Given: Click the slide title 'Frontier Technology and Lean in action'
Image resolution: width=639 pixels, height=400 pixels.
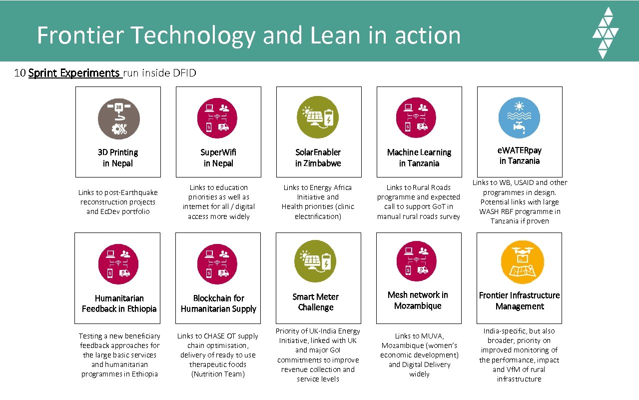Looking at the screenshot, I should (248, 35).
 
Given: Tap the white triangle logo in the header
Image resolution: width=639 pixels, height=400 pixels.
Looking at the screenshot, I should (605, 33).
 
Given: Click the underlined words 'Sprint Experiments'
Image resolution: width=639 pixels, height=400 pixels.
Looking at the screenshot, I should (74, 73).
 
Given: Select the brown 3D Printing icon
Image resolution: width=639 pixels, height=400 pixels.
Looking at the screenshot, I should (118, 118).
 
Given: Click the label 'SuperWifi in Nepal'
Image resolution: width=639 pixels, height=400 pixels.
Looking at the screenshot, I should (218, 158).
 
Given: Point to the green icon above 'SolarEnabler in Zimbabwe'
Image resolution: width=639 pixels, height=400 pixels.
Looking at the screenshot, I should (318, 117).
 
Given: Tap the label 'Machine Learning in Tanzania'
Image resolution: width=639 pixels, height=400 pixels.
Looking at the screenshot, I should (419, 158).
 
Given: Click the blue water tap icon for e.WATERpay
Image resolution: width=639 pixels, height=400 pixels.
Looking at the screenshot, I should (519, 117).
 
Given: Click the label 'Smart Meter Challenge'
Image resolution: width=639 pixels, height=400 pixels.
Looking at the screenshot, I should (316, 302).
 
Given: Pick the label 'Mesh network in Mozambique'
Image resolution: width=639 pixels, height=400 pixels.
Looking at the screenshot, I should (418, 300).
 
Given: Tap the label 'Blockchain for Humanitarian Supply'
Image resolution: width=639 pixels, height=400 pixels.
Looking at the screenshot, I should (218, 303).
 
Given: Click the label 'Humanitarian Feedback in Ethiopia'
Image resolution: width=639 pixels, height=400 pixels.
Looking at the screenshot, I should (119, 303).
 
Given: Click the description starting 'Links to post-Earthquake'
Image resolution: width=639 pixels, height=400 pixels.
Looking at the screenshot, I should (118, 202).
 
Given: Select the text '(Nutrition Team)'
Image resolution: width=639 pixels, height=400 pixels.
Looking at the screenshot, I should (218, 374).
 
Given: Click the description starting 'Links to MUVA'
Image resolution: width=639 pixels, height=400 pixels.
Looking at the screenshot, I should (419, 355).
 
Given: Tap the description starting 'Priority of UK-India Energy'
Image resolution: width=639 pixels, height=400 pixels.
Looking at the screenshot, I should (318, 355).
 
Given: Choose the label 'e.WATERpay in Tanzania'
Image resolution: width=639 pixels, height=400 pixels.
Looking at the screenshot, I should (520, 155).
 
